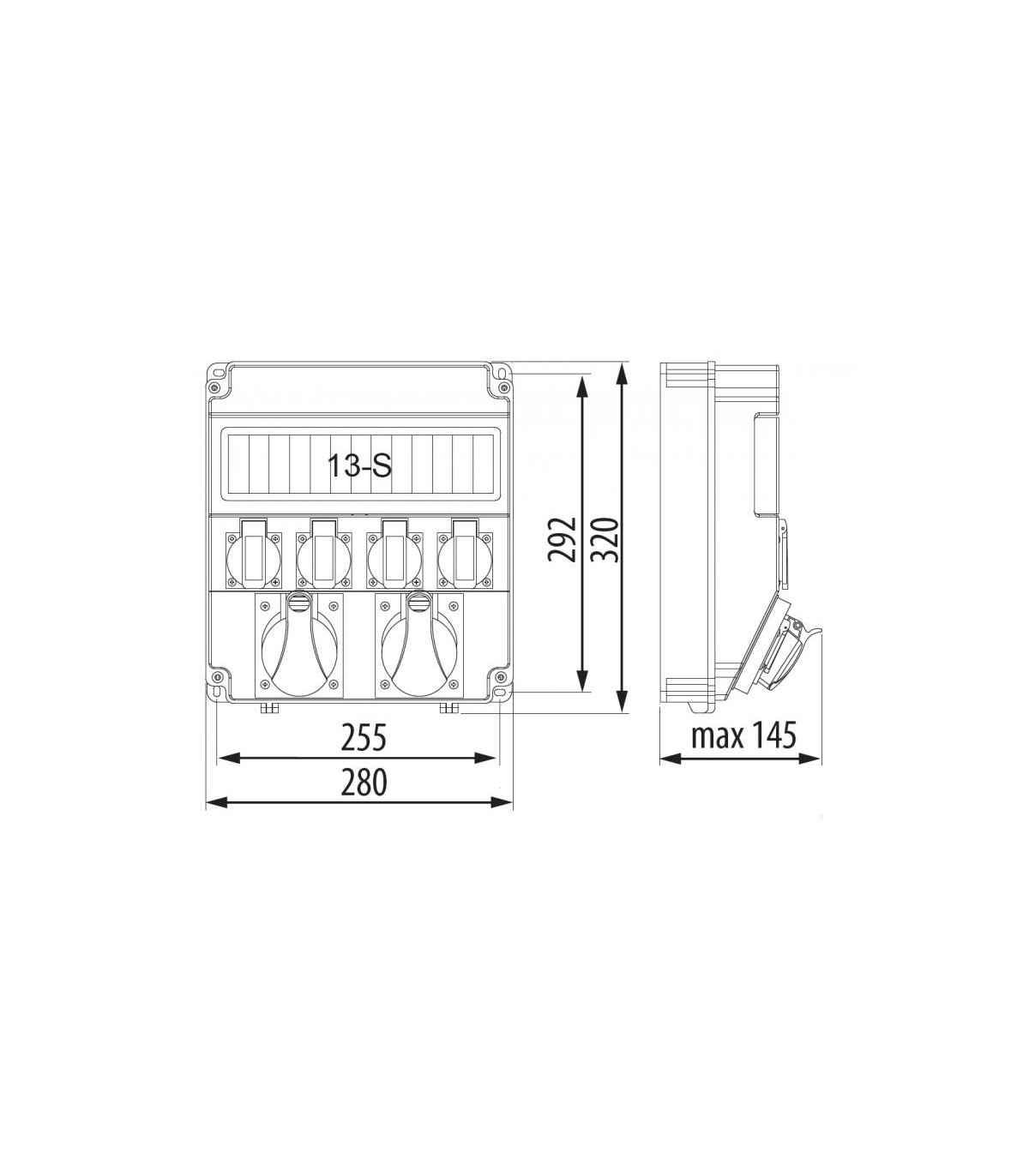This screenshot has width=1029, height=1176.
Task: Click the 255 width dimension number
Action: coord(364,738)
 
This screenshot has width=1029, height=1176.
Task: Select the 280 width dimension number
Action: coord(364,783)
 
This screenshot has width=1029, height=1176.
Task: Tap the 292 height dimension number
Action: coord(561,538)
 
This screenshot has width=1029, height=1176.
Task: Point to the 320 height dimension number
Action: coord(605,540)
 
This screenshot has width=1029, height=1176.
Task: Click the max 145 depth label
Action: coord(743,735)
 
